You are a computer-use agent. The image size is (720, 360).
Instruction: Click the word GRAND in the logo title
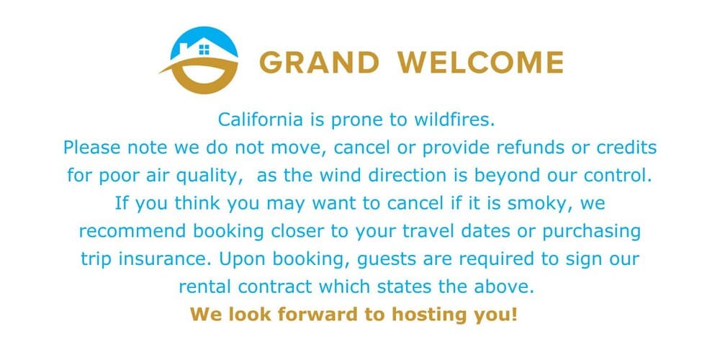(x=319, y=63)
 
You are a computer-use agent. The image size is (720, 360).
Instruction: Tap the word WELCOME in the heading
(x=481, y=63)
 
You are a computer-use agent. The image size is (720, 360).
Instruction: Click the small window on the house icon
(x=204, y=50)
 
